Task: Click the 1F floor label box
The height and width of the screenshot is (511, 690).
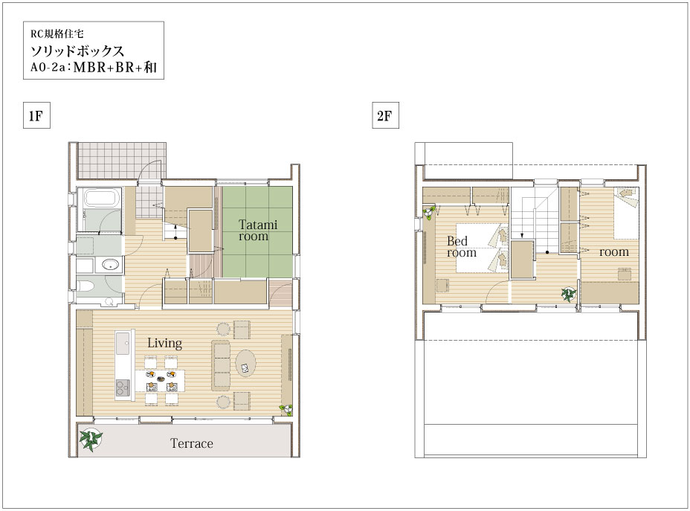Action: [x=36, y=115]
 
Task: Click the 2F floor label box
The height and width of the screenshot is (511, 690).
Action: [x=385, y=115]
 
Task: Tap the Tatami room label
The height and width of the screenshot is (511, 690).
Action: [x=258, y=230]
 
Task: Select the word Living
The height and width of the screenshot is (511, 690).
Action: [x=164, y=344]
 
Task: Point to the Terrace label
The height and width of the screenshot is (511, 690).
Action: [x=191, y=443]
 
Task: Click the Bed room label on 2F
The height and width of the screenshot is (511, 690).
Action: [x=461, y=246]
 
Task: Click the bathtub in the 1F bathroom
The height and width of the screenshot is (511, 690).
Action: [x=102, y=198]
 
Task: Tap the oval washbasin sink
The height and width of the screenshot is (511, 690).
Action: [x=110, y=265]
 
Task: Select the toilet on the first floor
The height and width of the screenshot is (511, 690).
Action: [x=86, y=286]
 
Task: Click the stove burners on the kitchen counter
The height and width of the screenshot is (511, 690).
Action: [x=123, y=388]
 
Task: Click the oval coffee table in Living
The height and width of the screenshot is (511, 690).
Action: [x=245, y=363]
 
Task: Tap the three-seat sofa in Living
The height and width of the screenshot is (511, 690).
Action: [x=221, y=365]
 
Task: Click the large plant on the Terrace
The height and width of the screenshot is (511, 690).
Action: [x=91, y=440]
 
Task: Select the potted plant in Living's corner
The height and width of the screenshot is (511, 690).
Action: [x=286, y=410]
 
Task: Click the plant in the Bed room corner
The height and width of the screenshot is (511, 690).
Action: [x=429, y=213]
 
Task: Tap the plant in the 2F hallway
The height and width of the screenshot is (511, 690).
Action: [x=568, y=294]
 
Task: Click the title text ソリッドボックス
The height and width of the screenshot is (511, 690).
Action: [x=77, y=51]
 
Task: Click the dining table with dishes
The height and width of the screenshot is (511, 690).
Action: [x=160, y=381]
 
